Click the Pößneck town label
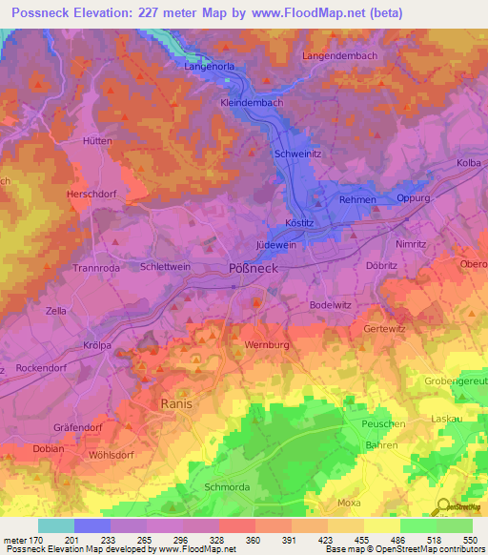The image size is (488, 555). coord(253,269)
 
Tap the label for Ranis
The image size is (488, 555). coord(176,403)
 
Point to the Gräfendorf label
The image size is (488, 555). coord(78,427)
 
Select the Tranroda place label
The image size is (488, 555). coord(95,269)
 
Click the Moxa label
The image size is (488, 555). coord(351,502)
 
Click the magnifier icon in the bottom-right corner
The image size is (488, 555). coord(443,507)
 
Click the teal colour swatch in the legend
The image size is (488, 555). coord(55,525)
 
